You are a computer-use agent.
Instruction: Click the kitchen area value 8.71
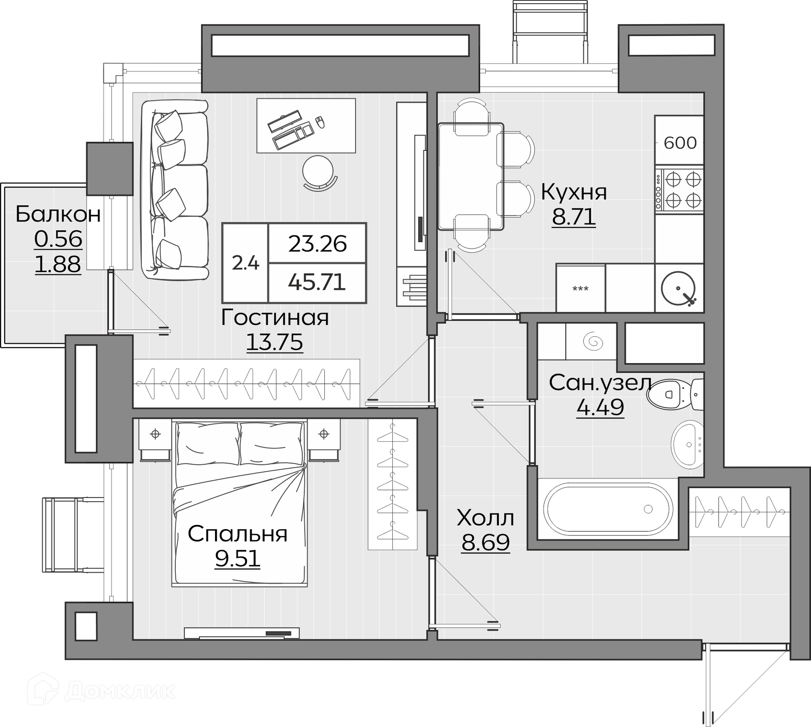[574, 217]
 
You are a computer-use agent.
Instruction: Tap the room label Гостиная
[275, 317]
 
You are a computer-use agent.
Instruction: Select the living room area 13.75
[275, 342]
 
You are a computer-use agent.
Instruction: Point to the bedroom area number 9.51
[237, 559]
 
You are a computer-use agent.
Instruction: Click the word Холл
[486, 518]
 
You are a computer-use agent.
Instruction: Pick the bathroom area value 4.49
[600, 407]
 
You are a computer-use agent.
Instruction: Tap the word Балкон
[58, 214]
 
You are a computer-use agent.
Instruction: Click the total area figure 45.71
[317, 282]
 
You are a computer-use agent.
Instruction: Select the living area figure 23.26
[318, 244]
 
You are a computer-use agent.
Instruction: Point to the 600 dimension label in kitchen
[680, 143]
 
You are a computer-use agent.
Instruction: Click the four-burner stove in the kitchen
[679, 190]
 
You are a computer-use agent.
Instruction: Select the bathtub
[608, 509]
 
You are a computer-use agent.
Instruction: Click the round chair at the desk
[319, 173]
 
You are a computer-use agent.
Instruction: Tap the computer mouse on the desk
[320, 122]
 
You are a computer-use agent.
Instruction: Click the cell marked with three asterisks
[581, 288]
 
